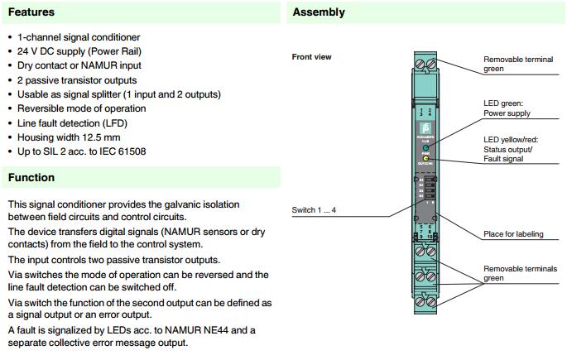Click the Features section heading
point(32,12)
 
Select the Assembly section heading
point(319,12)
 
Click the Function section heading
point(32,177)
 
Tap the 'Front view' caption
point(312,57)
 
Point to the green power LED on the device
point(425,147)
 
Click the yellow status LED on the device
point(425,156)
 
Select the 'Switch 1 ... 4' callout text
point(315,210)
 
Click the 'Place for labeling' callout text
point(513,234)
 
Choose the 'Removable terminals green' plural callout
point(520,273)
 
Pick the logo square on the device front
point(425,127)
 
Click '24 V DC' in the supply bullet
point(36,51)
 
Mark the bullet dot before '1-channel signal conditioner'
point(9,38)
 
